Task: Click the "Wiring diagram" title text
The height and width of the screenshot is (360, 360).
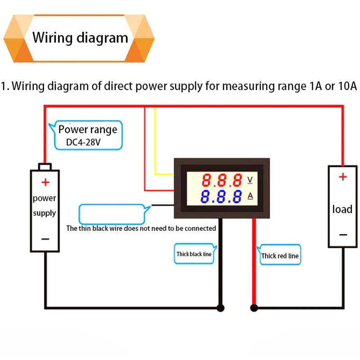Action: [80, 37]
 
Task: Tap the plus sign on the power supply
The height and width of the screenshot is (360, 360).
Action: [45, 182]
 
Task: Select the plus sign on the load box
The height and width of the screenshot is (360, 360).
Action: [343, 177]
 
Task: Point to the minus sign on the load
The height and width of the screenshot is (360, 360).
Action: [343, 234]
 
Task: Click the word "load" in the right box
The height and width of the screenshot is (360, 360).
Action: [342, 209]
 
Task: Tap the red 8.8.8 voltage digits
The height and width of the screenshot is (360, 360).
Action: [222, 181]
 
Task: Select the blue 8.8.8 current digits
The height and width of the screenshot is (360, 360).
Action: [222, 197]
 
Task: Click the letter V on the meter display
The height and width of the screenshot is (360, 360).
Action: [251, 180]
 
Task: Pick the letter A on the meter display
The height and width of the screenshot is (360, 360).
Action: [251, 196]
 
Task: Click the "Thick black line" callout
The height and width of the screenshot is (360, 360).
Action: [194, 254]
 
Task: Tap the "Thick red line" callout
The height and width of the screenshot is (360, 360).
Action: [279, 256]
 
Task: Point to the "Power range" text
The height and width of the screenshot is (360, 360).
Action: [88, 130]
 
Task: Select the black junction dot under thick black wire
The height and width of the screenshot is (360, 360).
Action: [220, 308]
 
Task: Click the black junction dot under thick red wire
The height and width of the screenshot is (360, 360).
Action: [254, 308]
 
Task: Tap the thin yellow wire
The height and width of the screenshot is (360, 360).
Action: [155, 144]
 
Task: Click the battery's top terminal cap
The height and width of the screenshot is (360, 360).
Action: [45, 166]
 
